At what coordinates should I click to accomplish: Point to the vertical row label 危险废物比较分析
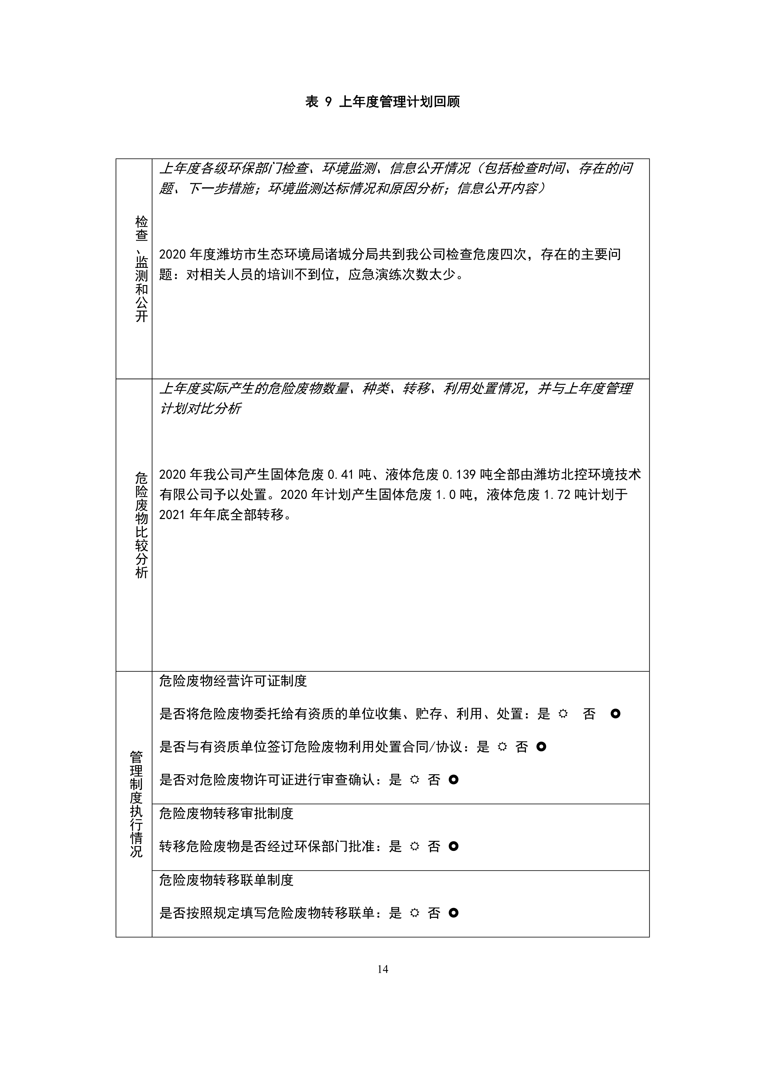point(141,525)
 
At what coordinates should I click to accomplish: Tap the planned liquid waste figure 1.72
point(557,494)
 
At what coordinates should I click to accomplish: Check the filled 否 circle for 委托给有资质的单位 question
point(615,714)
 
